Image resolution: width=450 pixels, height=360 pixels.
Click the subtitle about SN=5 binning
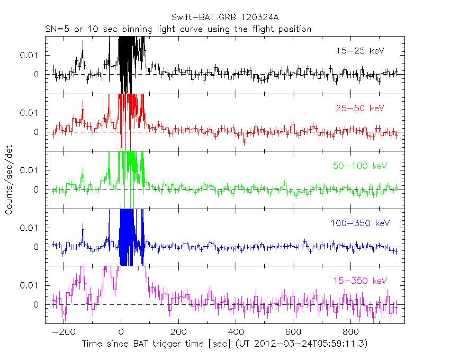(x=177, y=29)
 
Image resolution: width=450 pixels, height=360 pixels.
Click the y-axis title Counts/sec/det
(x=9, y=181)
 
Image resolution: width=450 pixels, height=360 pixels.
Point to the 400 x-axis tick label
(x=236, y=332)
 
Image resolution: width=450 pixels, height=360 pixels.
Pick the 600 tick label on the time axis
(x=293, y=332)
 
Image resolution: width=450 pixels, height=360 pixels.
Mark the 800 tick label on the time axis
(x=350, y=332)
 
